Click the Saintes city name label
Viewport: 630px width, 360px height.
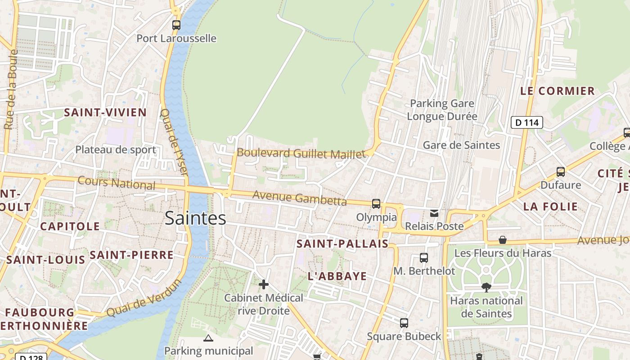(x=195, y=218)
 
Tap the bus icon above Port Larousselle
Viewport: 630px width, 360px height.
(x=176, y=25)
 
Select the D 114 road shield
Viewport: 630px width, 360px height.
(x=527, y=122)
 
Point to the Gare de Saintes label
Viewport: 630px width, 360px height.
(x=461, y=145)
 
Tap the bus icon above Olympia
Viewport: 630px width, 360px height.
(x=376, y=204)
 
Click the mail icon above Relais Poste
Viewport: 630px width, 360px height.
(x=434, y=213)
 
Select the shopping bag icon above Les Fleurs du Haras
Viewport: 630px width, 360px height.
(x=503, y=240)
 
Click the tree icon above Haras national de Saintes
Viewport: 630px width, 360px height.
(x=486, y=287)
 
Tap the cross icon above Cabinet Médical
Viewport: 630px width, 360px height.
(x=264, y=284)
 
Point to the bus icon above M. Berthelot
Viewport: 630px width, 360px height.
(x=424, y=257)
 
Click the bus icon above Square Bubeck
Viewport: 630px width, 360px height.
(x=404, y=323)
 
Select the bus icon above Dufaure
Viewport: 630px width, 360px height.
(x=561, y=171)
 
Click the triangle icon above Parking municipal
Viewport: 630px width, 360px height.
(x=208, y=338)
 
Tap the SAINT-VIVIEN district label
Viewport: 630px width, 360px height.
(x=105, y=112)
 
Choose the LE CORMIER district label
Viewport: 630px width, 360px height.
(x=558, y=91)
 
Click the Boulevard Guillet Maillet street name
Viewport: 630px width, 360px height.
(x=301, y=153)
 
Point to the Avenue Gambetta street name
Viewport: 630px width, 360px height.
(x=300, y=198)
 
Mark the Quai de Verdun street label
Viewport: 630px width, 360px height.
(x=144, y=298)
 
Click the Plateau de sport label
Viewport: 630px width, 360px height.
(x=116, y=150)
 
